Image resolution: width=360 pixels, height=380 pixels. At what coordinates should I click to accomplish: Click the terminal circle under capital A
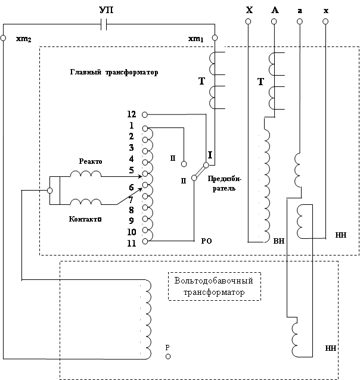point(274,21)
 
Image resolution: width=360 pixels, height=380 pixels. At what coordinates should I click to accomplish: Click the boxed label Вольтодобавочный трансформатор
point(215,286)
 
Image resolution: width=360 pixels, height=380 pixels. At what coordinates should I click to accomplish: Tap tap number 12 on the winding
point(132,114)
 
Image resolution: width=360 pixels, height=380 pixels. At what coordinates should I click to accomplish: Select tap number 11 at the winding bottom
point(132,242)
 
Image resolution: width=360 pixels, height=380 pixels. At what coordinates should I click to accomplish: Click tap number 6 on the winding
point(132,187)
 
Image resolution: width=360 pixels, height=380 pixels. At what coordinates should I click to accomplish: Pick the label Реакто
point(91,161)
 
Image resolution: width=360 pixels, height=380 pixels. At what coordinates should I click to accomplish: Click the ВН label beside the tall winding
point(278,241)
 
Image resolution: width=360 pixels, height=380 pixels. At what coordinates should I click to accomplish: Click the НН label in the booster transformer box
point(331,347)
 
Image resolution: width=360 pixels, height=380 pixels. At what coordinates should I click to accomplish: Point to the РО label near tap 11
point(207,241)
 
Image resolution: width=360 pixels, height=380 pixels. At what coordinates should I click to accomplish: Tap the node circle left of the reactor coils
point(49,191)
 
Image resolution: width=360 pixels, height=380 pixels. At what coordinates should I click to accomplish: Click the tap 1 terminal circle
point(145,127)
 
